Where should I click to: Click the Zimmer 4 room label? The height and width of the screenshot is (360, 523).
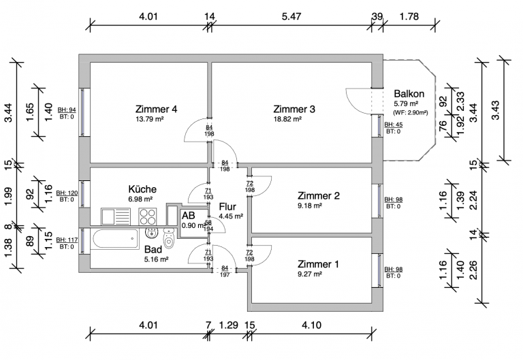pyautogui.click(x=156, y=109)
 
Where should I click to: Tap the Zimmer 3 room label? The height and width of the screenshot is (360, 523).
pyautogui.click(x=294, y=109)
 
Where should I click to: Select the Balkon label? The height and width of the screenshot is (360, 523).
pyautogui.click(x=409, y=94)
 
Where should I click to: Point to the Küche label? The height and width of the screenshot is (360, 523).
pyautogui.click(x=143, y=189)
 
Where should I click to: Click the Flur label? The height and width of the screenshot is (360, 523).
pyautogui.click(x=227, y=206)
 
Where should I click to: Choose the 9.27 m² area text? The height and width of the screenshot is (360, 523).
pyautogui.click(x=309, y=274)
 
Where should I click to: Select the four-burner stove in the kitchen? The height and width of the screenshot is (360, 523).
pyautogui.click(x=148, y=216)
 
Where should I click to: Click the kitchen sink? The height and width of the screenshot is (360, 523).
pyautogui.click(x=115, y=216)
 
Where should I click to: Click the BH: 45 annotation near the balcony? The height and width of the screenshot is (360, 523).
pyautogui.click(x=393, y=125)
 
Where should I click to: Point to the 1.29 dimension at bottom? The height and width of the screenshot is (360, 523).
pyautogui.click(x=228, y=325)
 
